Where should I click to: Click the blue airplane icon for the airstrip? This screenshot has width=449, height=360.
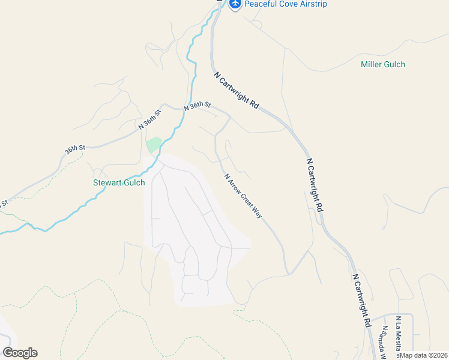pyautogui.click(x=235, y=5)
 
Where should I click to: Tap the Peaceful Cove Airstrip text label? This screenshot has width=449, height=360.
pyautogui.click(x=285, y=5)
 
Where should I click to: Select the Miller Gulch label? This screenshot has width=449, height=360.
pyautogui.click(x=383, y=64)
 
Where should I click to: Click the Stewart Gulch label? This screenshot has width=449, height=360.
pyautogui.click(x=119, y=182)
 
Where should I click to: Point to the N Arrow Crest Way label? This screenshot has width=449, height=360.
pyautogui.click(x=243, y=196)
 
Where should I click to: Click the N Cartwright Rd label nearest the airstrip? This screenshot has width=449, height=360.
pyautogui.click(x=237, y=90)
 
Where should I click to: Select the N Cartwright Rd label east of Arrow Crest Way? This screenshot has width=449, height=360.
pyautogui.click(x=315, y=184)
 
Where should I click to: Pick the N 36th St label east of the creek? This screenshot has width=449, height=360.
pyautogui.click(x=197, y=106)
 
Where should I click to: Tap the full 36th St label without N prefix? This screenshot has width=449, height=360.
pyautogui.click(x=76, y=147)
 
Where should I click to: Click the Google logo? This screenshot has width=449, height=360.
pyautogui.click(x=20, y=353)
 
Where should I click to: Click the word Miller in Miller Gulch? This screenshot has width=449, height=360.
pyautogui.click(x=372, y=64)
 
